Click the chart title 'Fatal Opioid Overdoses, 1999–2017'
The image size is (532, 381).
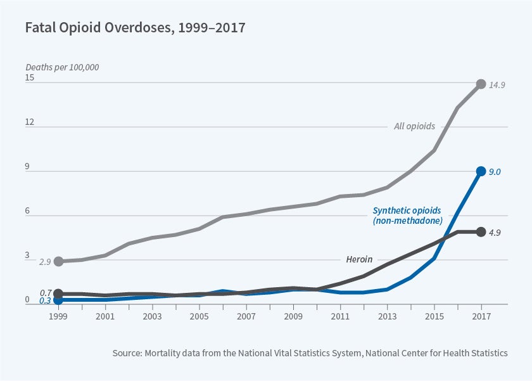(x=135, y=28)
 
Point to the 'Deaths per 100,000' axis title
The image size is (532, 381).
(x=62, y=67)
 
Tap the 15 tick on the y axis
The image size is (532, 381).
(x=30, y=78)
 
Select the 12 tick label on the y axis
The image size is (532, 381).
(x=30, y=122)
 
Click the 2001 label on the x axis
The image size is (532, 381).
(x=105, y=316)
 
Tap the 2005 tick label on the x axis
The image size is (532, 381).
(x=199, y=316)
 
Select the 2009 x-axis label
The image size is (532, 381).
(x=293, y=316)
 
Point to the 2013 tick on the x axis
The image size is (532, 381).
(x=387, y=316)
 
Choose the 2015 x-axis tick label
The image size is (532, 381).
(x=434, y=316)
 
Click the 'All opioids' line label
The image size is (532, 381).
(x=414, y=126)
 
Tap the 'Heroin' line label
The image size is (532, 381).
(x=359, y=259)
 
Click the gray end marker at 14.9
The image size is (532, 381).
(x=481, y=84)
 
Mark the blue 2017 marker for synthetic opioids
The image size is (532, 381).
(x=481, y=171)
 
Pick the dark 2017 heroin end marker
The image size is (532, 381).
(x=481, y=232)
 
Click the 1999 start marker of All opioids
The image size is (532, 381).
(x=58, y=261)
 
